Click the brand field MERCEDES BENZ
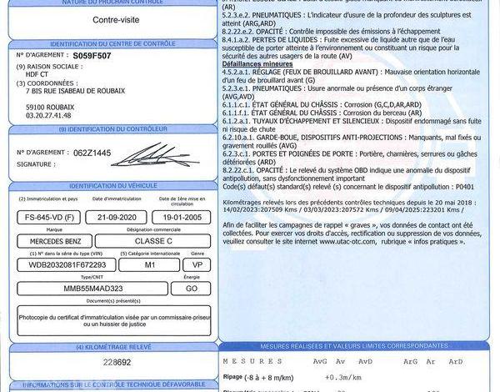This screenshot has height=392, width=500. pyautogui.click(x=57, y=241)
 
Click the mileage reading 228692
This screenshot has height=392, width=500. pyautogui.click(x=117, y=364)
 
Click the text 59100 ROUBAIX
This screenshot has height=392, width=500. pyautogui.click(x=50, y=107)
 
